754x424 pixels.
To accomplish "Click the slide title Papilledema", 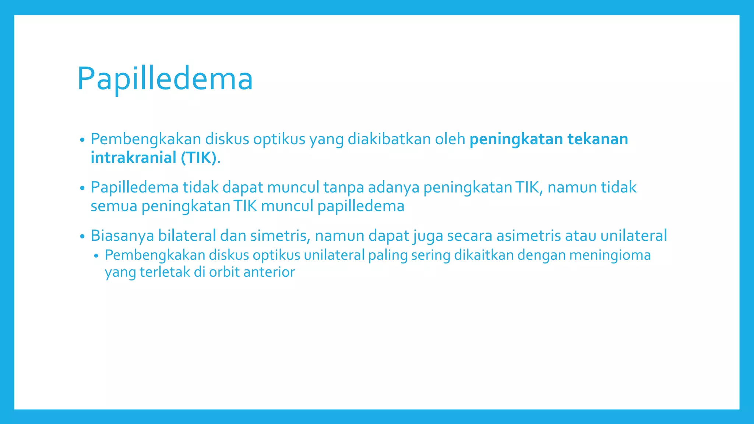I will [x=165, y=78].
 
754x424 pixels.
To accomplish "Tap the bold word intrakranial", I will [x=134, y=158].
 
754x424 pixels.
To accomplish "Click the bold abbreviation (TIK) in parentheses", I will [x=198, y=158].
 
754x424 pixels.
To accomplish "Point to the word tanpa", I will [x=343, y=187].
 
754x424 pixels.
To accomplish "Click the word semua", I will [x=114, y=206].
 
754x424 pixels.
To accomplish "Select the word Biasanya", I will [x=122, y=236].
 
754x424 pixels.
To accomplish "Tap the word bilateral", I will [x=187, y=236].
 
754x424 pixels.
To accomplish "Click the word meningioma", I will [x=610, y=255].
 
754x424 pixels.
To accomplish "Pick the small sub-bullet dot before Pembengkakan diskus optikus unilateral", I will [x=96, y=256].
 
